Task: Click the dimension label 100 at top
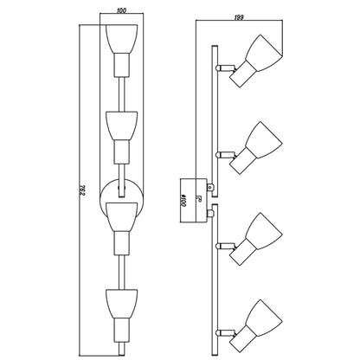click(122, 10)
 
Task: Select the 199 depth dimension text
click(239, 17)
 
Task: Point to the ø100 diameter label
click(183, 200)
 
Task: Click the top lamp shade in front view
click(121, 39)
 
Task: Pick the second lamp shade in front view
click(121, 126)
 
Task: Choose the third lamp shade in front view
click(121, 217)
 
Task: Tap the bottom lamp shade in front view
click(121, 304)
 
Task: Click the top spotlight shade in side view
click(265, 53)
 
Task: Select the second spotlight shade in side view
click(264, 140)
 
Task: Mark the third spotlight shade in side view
click(264, 231)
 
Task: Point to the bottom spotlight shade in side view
click(264, 318)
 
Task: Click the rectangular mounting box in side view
click(193, 201)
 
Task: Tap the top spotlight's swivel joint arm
click(226, 68)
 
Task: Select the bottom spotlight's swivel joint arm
click(226, 333)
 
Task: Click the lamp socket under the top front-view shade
click(121, 65)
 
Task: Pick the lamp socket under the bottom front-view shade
click(121, 330)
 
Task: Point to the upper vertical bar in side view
click(215, 121)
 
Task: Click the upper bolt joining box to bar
click(210, 188)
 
